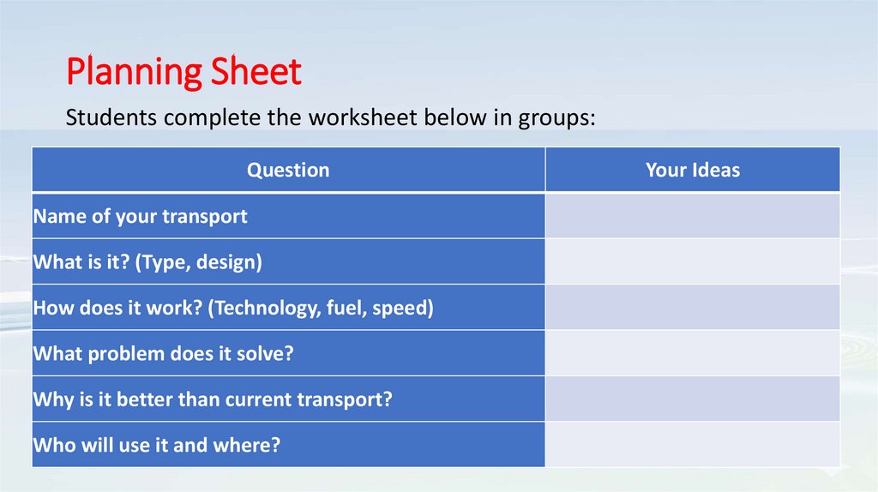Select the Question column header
pyautogui.click(x=288, y=170)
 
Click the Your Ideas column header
pyautogui.click(x=692, y=170)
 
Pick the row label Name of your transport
pyautogui.click(x=141, y=216)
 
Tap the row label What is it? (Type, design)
pyautogui.click(x=147, y=261)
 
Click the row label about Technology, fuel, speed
pyautogui.click(x=233, y=308)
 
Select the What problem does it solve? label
pyautogui.click(x=163, y=353)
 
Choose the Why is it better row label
pyautogui.click(x=213, y=399)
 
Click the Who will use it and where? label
pyautogui.click(x=157, y=445)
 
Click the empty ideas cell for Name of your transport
pyautogui.click(x=692, y=216)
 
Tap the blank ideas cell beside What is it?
pyautogui.click(x=692, y=261)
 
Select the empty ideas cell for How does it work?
pyautogui.click(x=692, y=308)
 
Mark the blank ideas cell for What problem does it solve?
pyautogui.click(x=692, y=353)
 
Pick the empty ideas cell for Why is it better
pyautogui.click(x=692, y=399)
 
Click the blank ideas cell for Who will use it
pyautogui.click(x=692, y=445)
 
